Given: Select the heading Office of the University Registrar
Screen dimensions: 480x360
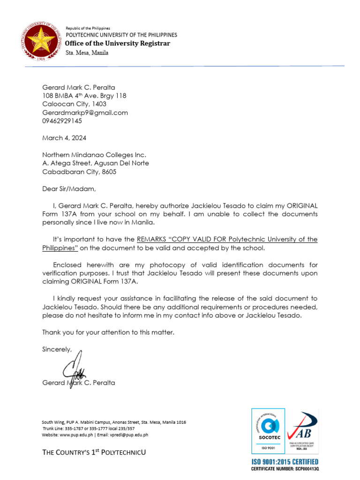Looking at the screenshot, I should point(118,44).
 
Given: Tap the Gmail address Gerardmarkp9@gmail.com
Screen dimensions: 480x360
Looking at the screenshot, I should point(85,112).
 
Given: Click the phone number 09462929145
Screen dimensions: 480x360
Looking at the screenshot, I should point(62,121).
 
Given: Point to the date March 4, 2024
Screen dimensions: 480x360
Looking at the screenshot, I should point(64,138).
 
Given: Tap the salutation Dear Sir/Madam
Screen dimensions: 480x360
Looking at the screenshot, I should point(68,189).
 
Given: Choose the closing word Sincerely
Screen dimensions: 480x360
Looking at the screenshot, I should point(57,349).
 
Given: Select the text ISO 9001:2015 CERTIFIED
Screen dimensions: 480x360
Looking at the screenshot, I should point(285,462).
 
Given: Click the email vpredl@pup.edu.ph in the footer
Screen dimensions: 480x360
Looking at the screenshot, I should point(130,435).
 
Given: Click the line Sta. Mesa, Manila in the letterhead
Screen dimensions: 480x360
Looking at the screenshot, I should point(87,52).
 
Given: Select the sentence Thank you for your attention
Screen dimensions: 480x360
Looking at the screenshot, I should point(108,332).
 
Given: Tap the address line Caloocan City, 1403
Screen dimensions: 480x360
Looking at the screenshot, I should point(74,104).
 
